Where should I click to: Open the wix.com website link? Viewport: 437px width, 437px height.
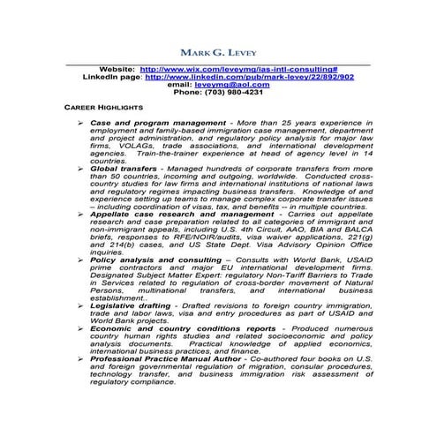pos(239,69)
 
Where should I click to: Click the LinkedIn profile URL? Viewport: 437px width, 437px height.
pos(249,77)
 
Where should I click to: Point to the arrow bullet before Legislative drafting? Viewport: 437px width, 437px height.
pos(80,305)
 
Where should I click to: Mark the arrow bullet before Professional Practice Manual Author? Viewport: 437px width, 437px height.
pos(80,359)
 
